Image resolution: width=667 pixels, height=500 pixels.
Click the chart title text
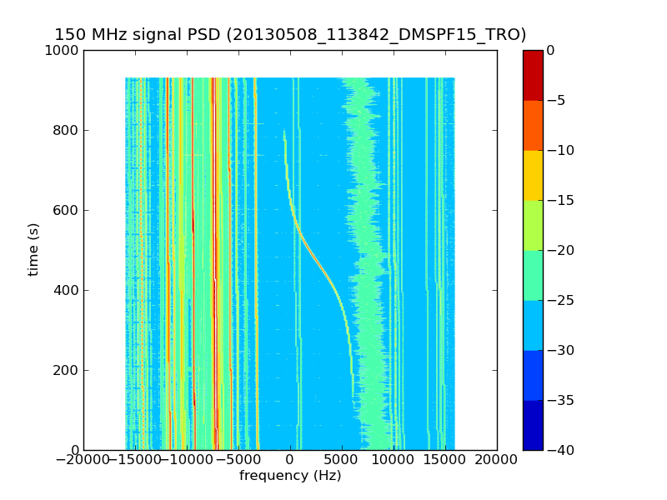coord(290,35)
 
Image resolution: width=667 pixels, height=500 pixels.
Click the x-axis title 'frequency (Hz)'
coord(290,476)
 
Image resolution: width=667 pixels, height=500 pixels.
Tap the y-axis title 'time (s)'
coord(33,249)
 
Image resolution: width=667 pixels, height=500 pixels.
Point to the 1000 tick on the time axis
coord(63,50)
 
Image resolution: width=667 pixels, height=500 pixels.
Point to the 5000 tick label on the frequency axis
coord(342,460)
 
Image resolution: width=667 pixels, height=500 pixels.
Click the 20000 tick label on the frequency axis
coord(497,460)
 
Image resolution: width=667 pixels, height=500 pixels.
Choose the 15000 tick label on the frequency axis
coord(445,460)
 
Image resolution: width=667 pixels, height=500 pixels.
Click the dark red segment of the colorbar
coord(533,75)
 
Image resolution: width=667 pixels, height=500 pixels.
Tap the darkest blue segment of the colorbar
coord(533,425)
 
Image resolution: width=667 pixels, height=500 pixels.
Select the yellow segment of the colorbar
coord(533,175)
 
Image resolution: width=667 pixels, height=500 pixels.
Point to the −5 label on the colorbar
coord(556,100)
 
